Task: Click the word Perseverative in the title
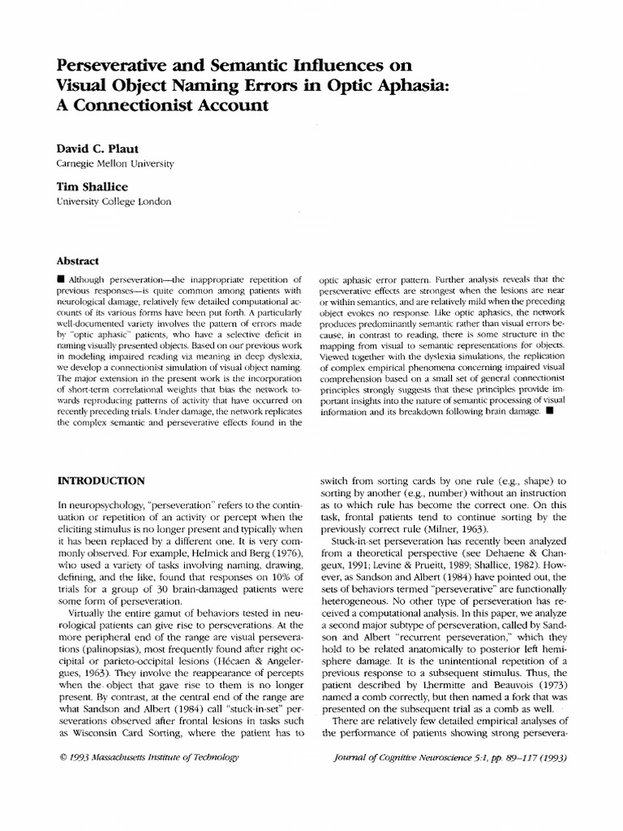[120, 64]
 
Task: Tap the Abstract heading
[76, 261]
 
